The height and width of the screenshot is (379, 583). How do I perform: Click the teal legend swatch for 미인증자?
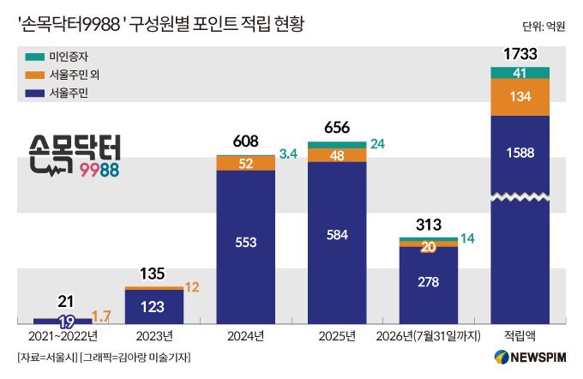pos(34,57)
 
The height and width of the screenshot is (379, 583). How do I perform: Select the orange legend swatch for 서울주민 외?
pos(34,75)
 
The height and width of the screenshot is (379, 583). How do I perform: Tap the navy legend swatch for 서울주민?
pos(34,93)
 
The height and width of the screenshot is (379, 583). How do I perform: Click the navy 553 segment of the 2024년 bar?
pos(246,247)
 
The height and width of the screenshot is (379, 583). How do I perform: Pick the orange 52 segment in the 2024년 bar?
pos(246,163)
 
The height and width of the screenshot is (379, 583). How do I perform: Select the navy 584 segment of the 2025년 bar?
pos(337,243)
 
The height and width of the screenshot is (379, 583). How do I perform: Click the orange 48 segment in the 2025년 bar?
pos(337,155)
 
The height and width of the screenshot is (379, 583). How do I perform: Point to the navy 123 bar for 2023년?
pos(154,307)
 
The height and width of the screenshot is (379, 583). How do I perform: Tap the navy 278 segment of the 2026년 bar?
pos(429,285)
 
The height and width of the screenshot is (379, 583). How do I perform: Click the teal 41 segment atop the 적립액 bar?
pos(520,73)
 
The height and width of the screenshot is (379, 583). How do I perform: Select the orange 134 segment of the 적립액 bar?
pos(520,97)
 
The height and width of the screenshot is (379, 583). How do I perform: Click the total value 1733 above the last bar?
pos(520,54)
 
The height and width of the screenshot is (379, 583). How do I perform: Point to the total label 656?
pos(337,128)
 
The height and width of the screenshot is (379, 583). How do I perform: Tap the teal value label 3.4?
pos(288,153)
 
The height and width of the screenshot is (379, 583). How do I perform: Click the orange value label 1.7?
pos(101,316)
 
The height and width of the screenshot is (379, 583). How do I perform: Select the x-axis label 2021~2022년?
pos(63,336)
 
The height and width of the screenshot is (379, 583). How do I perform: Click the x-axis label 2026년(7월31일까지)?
pos(429,336)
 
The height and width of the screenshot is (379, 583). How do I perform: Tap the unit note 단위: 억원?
pos(544,27)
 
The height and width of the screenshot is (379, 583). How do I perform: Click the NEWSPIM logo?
pos(530,357)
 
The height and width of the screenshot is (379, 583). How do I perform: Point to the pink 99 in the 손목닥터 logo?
pos(89,171)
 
